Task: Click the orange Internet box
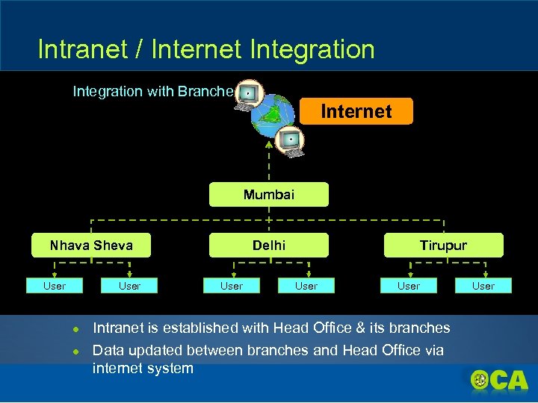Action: pyautogui.click(x=356, y=111)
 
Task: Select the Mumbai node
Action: pyautogui.click(x=268, y=195)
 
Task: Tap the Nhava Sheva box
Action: pyautogui.click(x=91, y=246)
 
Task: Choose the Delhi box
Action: pyautogui.click(x=268, y=246)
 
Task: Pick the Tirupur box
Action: pyautogui.click(x=443, y=246)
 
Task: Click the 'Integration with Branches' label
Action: pyautogui.click(x=152, y=91)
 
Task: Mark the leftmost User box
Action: pyautogui.click(x=55, y=286)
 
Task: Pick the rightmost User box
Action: pyautogui.click(x=483, y=286)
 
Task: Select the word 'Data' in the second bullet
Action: pyautogui.click(x=108, y=350)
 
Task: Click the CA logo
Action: pyautogui.click(x=499, y=381)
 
